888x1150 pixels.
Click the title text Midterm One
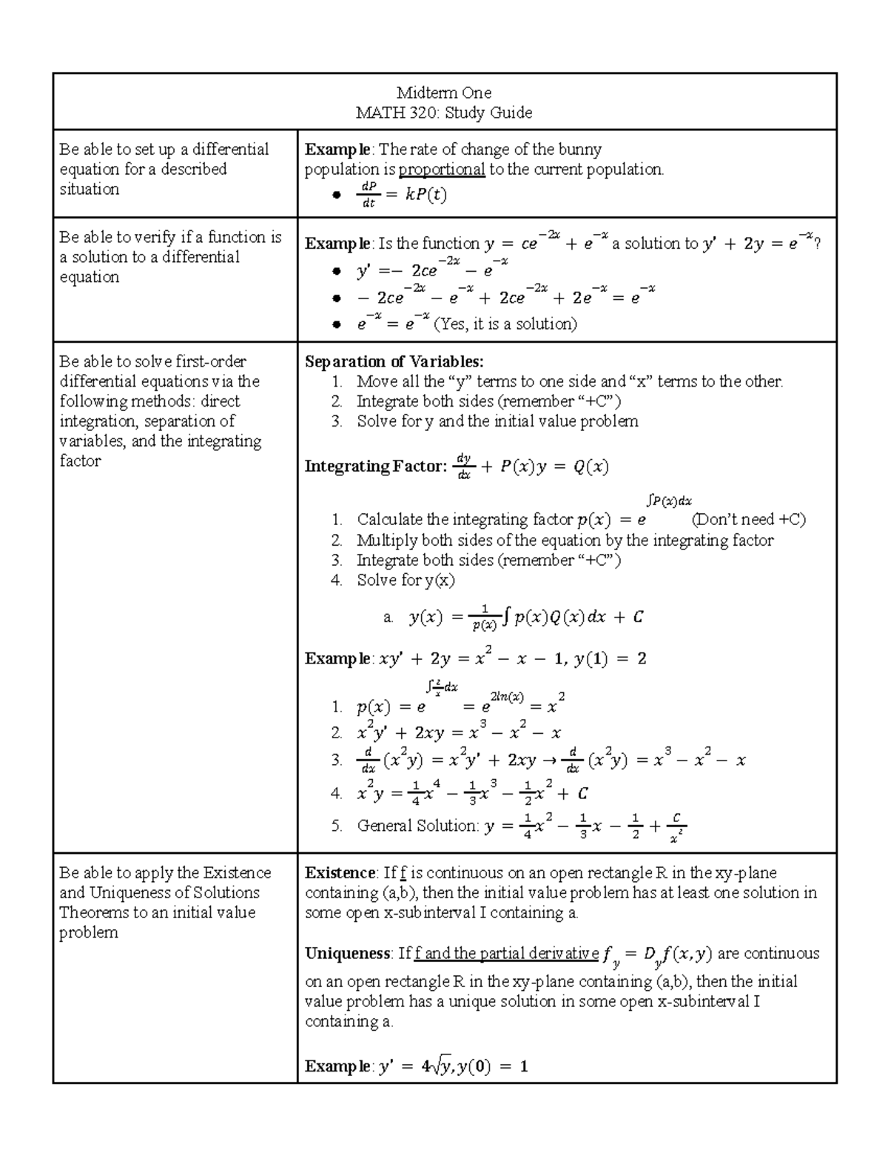[443, 93]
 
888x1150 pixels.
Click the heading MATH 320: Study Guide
[443, 113]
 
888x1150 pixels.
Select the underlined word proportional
[442, 170]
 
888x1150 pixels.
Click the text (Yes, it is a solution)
[505, 324]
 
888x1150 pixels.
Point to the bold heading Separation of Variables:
[394, 361]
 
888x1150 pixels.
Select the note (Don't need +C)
[747, 519]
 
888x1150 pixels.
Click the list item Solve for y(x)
[406, 580]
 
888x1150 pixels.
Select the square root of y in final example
[441, 1067]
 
